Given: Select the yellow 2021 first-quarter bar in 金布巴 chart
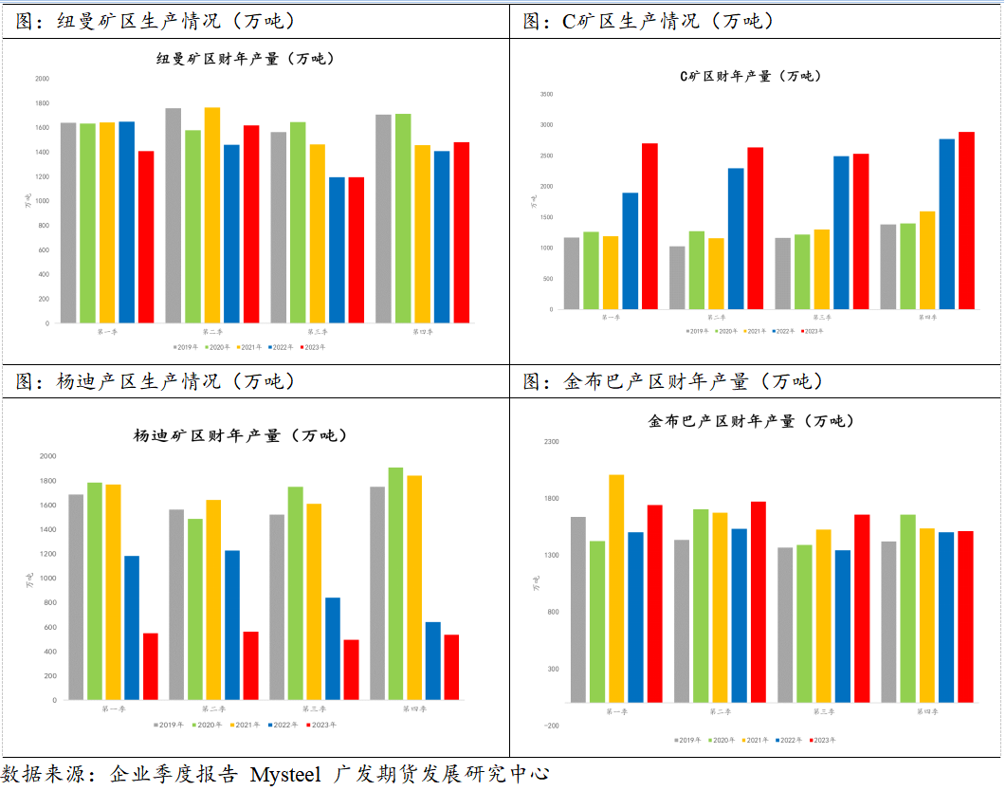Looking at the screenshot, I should [616, 588].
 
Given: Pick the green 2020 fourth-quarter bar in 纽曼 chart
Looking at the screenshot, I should [403, 218].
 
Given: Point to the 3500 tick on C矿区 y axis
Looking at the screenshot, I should [546, 94].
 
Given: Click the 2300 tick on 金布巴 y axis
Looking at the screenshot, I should [551, 442].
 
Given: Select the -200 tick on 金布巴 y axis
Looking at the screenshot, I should [551, 726].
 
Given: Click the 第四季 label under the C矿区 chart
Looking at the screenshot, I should [927, 317].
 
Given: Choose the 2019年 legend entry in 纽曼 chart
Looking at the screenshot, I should [185, 347].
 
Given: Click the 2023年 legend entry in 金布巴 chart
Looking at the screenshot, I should [822, 740].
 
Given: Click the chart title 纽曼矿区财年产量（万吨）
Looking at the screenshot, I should [246, 59].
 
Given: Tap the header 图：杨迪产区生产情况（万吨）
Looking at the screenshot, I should [156, 381].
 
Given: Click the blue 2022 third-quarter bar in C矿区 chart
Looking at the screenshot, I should [841, 232].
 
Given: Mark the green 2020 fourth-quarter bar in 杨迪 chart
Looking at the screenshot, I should [395, 583].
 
